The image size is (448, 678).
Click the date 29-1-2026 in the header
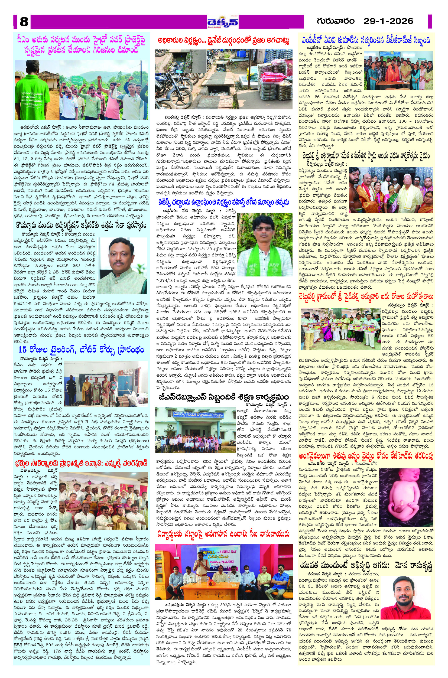coord(388,21)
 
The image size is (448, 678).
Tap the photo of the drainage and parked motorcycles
coord(223,79)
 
